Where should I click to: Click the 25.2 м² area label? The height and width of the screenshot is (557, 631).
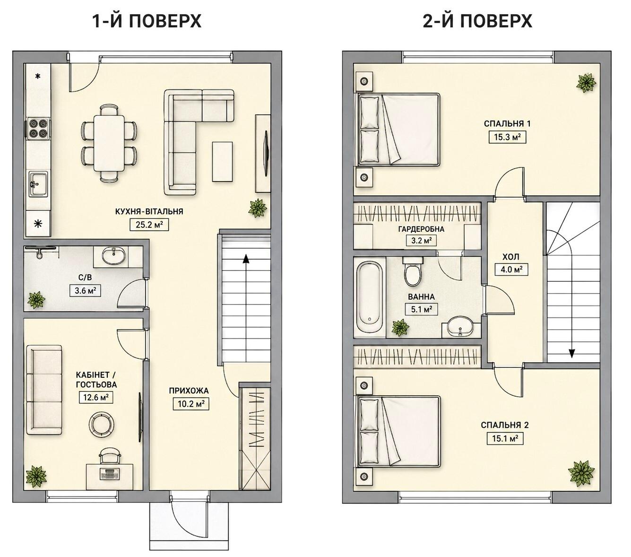coord(149,224)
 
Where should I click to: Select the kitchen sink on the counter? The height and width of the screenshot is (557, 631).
coord(38,184)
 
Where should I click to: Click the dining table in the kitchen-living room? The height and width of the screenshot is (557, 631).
coord(109,143)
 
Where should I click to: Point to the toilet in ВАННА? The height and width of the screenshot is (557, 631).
coord(413,271)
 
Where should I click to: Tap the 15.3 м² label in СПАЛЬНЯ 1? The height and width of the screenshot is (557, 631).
coord(507,137)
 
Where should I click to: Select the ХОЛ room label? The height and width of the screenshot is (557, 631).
coord(511,257)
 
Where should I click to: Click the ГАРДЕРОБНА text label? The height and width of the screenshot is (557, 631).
coord(421,229)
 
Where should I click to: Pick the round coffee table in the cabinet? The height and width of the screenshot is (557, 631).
coord(101,424)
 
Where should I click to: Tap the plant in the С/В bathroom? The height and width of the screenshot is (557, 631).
coord(36,300)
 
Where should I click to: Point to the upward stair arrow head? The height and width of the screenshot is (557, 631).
coord(246,259)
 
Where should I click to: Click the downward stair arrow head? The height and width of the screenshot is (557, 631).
coord(572,353)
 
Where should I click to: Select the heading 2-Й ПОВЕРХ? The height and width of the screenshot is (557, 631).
coord(477,21)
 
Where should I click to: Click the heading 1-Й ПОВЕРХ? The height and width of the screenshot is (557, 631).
coord(147,21)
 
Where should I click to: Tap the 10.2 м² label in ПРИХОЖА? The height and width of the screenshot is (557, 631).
coord(191,404)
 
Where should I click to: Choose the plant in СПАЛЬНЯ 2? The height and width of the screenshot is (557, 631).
coord(581,472)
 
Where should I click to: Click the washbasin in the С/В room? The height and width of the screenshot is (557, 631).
coord(114,257)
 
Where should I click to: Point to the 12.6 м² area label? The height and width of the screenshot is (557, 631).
coord(96,397)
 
